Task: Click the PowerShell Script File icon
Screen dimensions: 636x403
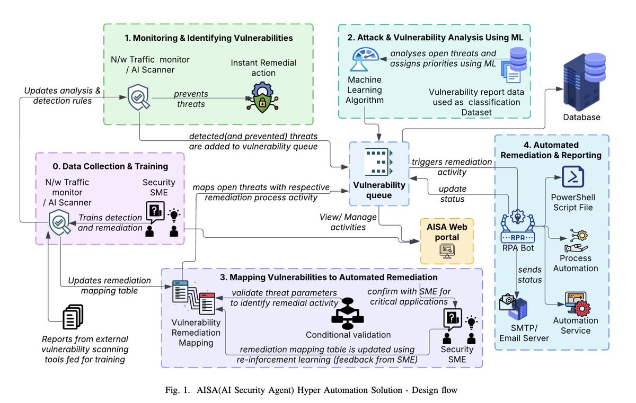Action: pos(573,177)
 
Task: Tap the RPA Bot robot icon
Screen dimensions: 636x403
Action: pos(518,226)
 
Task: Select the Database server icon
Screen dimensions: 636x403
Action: pos(584,82)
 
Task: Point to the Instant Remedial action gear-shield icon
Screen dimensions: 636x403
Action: pos(262,97)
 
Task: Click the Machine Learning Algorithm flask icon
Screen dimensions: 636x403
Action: pos(365,59)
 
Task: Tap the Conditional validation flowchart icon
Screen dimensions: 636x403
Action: pos(348,314)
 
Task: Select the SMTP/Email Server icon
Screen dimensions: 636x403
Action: pos(514,308)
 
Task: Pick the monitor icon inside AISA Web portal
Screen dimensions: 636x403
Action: pos(447,250)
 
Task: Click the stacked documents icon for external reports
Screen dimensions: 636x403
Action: pos(73,317)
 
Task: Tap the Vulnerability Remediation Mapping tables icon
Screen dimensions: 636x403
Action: pos(193,297)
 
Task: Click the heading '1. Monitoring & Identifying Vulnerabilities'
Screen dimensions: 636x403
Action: pos(209,38)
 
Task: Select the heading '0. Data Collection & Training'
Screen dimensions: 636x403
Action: pos(110,166)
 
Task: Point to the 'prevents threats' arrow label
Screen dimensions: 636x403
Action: pos(191,99)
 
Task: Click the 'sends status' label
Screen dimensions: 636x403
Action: pos(529,274)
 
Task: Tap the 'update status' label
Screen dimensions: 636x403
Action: pos(452,194)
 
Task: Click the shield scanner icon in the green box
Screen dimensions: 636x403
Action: pos(138,97)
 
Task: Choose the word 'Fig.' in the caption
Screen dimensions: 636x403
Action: pos(173,390)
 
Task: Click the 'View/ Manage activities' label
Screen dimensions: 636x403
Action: pos(348,222)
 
